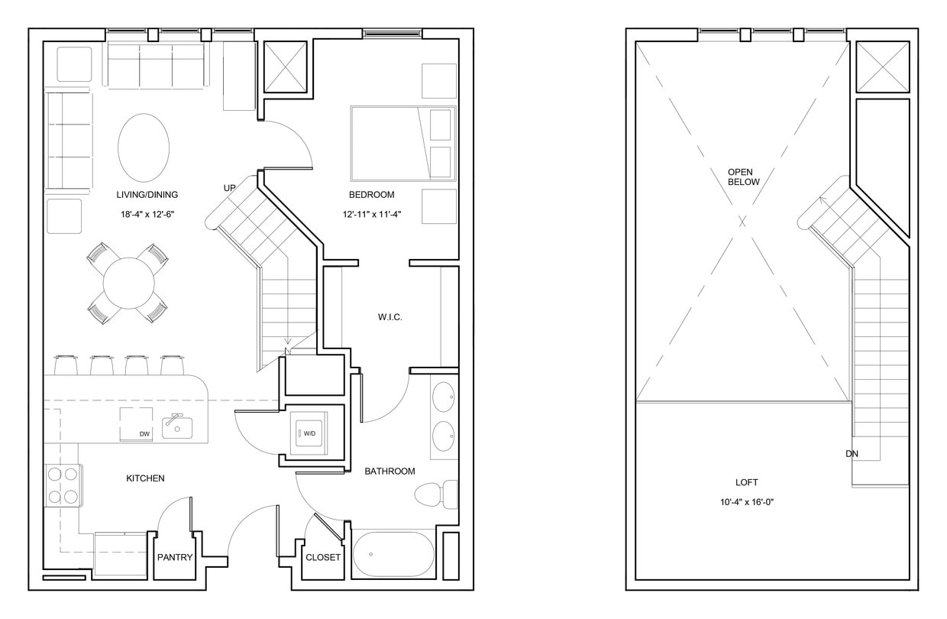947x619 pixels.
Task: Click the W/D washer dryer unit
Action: [x=309, y=433]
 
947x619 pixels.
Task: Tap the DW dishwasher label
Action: [x=144, y=435]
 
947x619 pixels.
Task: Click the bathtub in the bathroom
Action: [x=393, y=554]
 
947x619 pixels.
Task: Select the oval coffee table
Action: [x=144, y=147]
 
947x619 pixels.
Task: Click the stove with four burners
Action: [x=63, y=485]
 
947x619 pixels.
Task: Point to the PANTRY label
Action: [x=175, y=557]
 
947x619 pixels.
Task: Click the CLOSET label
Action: [x=323, y=557]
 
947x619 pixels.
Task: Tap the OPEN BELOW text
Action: [x=743, y=177]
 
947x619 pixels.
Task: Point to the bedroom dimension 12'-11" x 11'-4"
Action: [x=372, y=215]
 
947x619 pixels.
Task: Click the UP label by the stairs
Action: [x=229, y=188]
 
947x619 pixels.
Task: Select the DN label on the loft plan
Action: [x=852, y=454]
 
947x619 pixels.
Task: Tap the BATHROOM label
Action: [x=389, y=472]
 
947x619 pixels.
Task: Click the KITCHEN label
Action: [x=145, y=478]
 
